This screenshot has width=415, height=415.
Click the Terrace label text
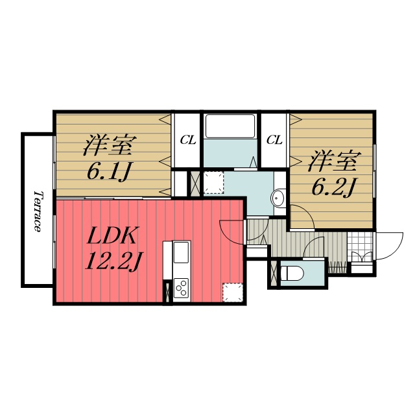(38, 211)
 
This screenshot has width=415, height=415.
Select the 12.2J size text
(113, 261)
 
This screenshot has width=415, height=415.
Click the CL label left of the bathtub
(188, 139)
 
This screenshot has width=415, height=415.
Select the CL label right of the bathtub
(274, 139)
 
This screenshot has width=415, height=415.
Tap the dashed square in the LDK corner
(232, 292)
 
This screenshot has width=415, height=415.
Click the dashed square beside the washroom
(213, 183)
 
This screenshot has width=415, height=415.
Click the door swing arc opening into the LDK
(232, 229)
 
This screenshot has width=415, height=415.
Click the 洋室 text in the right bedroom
(333, 159)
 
